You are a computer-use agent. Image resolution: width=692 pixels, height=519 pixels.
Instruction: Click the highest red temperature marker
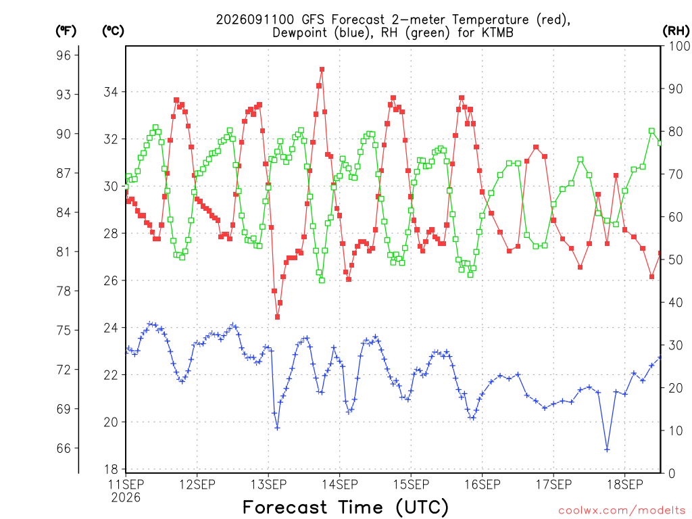pos(322,70)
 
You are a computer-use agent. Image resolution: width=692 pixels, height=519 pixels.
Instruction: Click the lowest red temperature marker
pos(277,317)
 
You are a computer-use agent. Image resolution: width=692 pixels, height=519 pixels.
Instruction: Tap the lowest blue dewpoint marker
pos(608,449)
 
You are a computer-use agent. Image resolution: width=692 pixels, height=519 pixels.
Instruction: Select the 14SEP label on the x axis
pos(339,485)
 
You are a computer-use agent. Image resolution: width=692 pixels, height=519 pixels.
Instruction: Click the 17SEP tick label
pos(553,485)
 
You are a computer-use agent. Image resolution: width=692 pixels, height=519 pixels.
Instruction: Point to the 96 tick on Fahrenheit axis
pos(64,55)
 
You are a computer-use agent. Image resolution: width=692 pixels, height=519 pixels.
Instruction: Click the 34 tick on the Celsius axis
pos(111,92)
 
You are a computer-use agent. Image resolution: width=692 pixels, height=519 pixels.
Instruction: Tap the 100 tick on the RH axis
pos(679,46)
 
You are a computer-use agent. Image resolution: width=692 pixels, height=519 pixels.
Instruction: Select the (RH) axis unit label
pos(676,31)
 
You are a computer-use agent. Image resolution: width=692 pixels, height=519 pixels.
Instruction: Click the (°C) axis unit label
pos(113,31)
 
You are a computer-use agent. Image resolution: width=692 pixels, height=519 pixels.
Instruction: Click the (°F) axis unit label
pos(66,31)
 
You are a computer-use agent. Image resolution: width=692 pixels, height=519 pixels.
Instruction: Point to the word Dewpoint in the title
pos(300,33)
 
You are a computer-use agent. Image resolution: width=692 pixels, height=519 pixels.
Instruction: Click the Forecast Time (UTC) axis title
pos(345,507)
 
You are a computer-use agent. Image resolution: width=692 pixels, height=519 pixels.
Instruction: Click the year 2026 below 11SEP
pos(126,498)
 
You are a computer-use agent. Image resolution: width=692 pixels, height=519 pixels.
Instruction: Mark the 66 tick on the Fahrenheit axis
pos(64,449)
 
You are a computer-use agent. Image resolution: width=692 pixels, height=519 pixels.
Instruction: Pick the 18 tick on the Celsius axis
pos(111,469)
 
